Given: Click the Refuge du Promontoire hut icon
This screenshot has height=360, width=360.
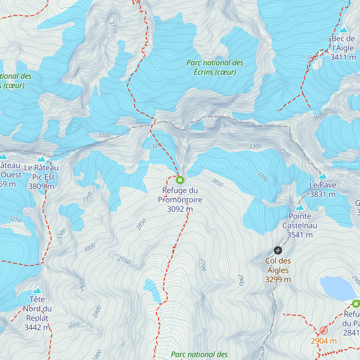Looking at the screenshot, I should (180, 180).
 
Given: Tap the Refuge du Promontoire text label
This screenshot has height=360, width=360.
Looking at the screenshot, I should (180, 200).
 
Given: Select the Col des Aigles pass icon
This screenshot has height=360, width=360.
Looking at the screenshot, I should (278, 250).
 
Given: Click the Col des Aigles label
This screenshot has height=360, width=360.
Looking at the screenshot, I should (278, 270).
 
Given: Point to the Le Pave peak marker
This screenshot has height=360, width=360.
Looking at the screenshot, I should (323, 176).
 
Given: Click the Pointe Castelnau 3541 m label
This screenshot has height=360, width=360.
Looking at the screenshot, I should (300, 226).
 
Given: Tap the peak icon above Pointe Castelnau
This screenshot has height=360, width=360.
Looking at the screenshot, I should (300, 208).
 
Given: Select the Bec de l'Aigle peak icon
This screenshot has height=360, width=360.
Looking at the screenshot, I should (343, 30).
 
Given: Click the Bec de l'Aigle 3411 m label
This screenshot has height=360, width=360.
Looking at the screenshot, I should (343, 48).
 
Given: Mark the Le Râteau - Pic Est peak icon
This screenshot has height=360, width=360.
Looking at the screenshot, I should (41, 159).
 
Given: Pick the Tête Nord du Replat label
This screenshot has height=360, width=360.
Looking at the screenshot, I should (37, 313).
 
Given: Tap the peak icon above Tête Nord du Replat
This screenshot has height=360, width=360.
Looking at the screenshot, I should (37, 290).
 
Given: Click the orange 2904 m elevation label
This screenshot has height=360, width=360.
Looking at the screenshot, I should (323, 341).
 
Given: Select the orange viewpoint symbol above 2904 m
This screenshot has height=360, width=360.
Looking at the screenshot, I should (323, 331).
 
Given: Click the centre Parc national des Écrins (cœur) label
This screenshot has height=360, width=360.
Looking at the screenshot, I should (215, 67).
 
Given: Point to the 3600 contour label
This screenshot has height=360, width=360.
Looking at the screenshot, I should (318, 116).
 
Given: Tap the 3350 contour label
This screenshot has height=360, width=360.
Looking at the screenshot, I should (88, 197).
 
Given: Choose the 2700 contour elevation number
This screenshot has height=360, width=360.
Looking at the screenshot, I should (203, 265).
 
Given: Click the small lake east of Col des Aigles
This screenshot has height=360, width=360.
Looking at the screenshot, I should (337, 288).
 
